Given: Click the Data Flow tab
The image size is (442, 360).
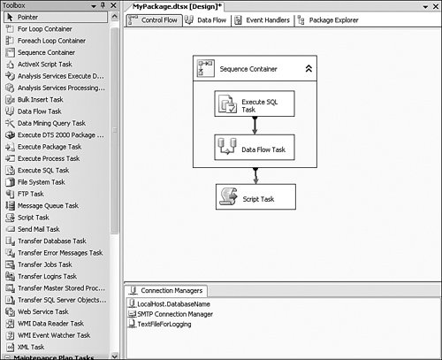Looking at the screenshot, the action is point(206,20).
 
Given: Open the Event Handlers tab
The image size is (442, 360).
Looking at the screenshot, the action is point(263,20).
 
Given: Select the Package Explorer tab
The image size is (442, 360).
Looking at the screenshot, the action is point(328,20).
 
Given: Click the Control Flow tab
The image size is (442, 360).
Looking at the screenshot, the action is point(154,20).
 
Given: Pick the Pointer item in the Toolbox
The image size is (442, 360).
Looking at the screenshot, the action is point(56,17).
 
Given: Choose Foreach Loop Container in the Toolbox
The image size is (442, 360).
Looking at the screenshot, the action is point(46,41).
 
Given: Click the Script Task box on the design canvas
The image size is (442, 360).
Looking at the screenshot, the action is point(255,197).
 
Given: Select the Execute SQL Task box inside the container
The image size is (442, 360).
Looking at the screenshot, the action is point(255,103).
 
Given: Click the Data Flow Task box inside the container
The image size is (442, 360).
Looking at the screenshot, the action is point(255,148).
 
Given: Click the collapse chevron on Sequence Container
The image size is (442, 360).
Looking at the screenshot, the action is point(309,69).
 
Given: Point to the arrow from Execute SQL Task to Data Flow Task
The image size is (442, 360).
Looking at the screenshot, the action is point(255,126).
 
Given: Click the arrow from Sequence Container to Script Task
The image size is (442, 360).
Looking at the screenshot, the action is point(255,176).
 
